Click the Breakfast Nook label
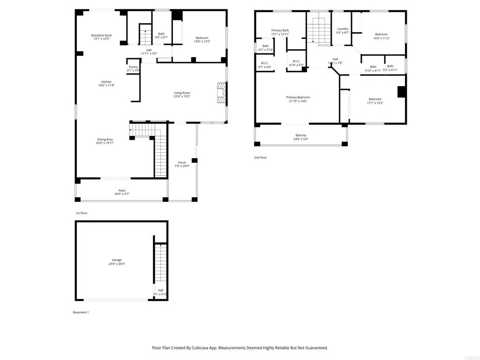[101, 36]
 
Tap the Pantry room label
[134, 67]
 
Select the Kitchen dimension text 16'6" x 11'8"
[106, 85]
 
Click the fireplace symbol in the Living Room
[220, 93]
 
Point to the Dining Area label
[105, 139]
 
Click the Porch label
[182, 163]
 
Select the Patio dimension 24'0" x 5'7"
[121, 194]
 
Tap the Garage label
[117, 260]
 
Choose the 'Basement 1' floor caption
[80, 312]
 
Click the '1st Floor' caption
[82, 213]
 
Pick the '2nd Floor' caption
[260, 157]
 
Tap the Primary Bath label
[280, 30]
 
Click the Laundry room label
[343, 29]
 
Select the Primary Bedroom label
[298, 97]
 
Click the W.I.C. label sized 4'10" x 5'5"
[296, 61]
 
